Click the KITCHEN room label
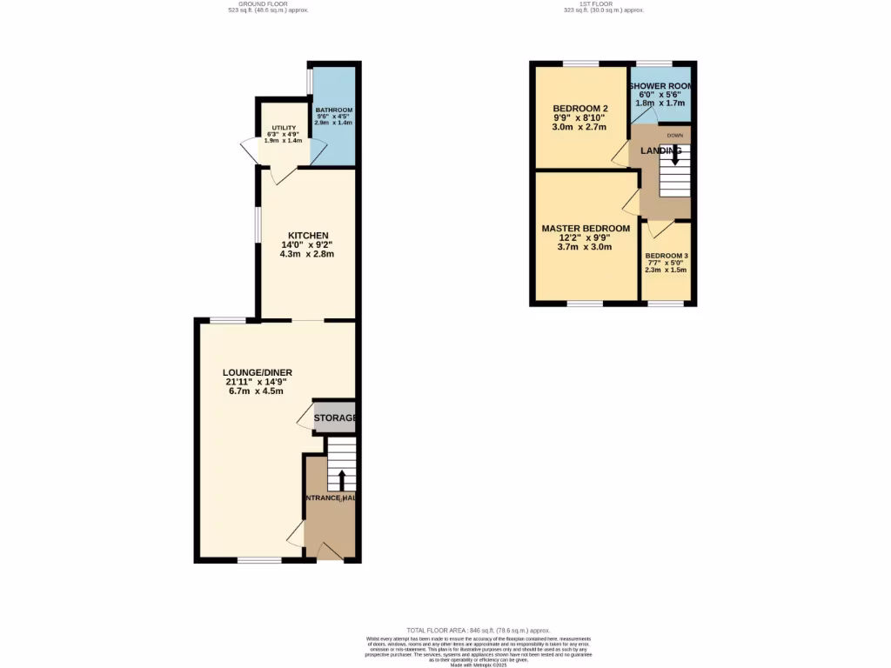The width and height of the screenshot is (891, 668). pos(308,236)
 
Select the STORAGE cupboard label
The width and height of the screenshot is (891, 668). pos(335,418)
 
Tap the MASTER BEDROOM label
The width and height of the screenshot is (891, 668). pos(586,229)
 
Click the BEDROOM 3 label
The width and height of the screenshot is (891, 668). pos(666,257)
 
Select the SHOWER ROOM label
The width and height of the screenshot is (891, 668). pos(660,85)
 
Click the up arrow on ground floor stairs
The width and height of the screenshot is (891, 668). pos(341,478)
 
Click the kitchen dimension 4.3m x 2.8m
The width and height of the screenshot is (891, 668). pos(307,255)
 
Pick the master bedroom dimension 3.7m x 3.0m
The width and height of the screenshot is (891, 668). pos(586,247)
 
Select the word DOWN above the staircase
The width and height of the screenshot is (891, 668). pos(674,136)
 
